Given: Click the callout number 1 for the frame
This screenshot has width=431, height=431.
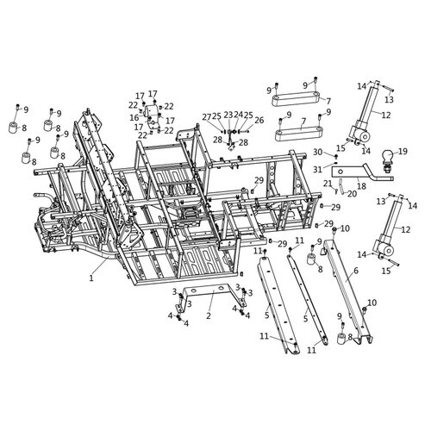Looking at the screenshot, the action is pos(91,278).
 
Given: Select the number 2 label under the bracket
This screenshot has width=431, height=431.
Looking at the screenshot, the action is pos(209,315).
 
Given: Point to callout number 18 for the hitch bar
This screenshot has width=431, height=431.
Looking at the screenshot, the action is pos(361,186).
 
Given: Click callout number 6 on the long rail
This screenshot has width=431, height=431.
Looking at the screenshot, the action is pos(356,271).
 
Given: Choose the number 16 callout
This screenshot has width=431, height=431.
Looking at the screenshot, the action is pos(134,117).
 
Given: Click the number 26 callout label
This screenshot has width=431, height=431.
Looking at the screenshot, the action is pos(259,120).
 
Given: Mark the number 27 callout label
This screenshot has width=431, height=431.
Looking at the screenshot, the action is pos(207,116).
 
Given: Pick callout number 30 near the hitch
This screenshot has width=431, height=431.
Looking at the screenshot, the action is pos(318,152).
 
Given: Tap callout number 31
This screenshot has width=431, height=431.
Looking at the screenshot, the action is pos(317,170).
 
